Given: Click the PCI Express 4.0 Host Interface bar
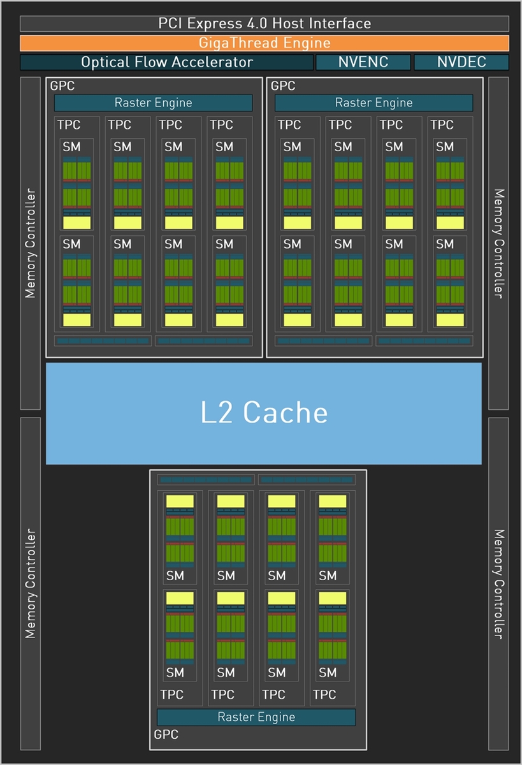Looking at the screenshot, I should [x=264, y=24].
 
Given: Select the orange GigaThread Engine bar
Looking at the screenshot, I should [x=264, y=43].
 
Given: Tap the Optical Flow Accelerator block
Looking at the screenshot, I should [x=166, y=62].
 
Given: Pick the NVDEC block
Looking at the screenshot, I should [x=461, y=62].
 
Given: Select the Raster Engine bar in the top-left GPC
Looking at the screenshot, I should [x=153, y=103].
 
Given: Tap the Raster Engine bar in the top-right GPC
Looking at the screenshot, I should [x=373, y=103].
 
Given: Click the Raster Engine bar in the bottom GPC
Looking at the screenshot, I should [x=256, y=717].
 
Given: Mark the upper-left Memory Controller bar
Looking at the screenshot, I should [x=31, y=243].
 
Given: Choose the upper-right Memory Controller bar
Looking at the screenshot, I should [x=498, y=243].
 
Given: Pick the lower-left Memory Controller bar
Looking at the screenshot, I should [x=31, y=583].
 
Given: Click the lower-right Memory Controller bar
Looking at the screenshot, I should [x=498, y=583].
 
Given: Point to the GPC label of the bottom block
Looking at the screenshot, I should [x=166, y=734].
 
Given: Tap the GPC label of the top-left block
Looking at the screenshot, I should [x=62, y=85].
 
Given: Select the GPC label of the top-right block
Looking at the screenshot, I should [x=283, y=85].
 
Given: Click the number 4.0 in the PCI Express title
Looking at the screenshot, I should [x=256, y=24].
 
